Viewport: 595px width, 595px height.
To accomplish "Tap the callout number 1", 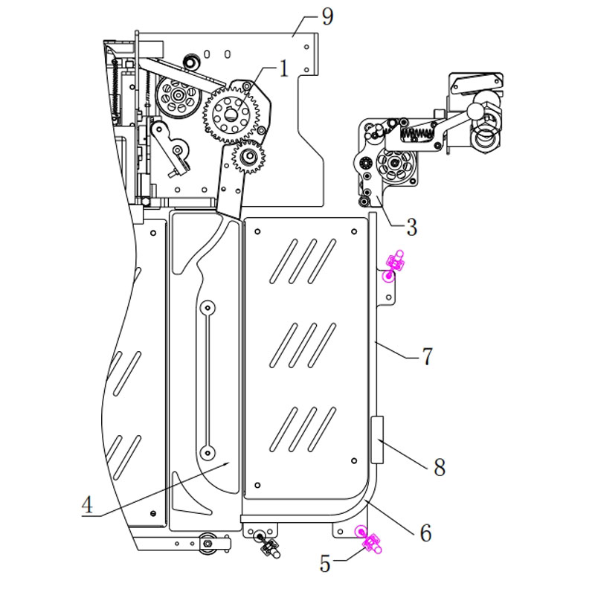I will [283, 70].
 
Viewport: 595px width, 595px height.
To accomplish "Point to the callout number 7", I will [426, 357].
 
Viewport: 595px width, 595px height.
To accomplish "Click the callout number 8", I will [438, 467].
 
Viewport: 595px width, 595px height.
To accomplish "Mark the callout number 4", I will [88, 505].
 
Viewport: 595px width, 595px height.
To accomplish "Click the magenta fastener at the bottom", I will [368, 541].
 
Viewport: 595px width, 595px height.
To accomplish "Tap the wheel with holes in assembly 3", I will [393, 166].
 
